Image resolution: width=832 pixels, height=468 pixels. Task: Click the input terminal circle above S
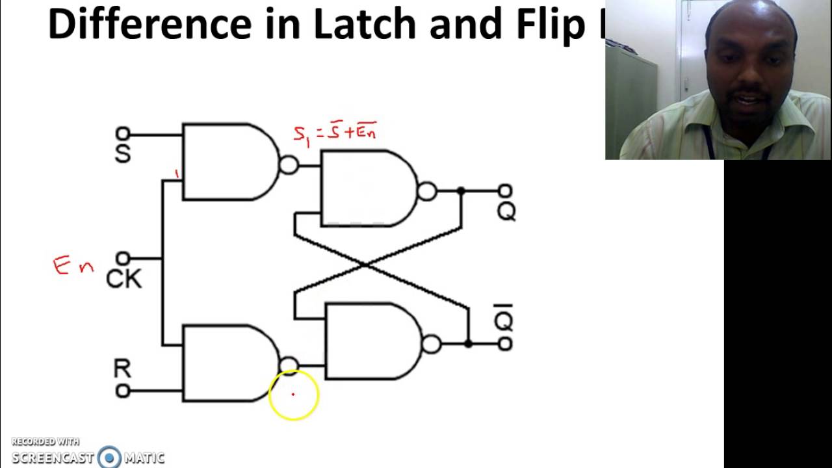(122, 134)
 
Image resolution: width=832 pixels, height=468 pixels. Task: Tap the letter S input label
(122, 154)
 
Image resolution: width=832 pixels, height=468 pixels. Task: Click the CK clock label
(123, 279)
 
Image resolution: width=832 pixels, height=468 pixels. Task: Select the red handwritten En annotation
(73, 266)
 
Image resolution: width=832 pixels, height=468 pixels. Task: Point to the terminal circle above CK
(123, 259)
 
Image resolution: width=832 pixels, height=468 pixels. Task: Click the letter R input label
(122, 369)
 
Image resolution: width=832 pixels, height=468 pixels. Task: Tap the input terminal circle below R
(122, 391)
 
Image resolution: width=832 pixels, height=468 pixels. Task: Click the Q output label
(506, 211)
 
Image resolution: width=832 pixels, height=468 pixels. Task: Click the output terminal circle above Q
(505, 191)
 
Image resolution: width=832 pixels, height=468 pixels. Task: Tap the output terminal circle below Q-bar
(505, 344)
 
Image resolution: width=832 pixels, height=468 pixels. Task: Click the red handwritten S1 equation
(335, 134)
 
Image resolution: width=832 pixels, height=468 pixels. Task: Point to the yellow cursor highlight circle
(293, 394)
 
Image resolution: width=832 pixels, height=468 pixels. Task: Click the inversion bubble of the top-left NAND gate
(289, 165)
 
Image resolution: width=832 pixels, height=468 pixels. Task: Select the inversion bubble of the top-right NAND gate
(427, 191)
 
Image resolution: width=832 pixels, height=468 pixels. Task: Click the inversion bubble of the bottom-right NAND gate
(431, 344)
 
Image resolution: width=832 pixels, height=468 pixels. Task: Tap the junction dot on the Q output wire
(461, 191)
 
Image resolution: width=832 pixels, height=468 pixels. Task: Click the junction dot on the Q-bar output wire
(468, 343)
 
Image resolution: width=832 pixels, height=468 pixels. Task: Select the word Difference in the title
(149, 23)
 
